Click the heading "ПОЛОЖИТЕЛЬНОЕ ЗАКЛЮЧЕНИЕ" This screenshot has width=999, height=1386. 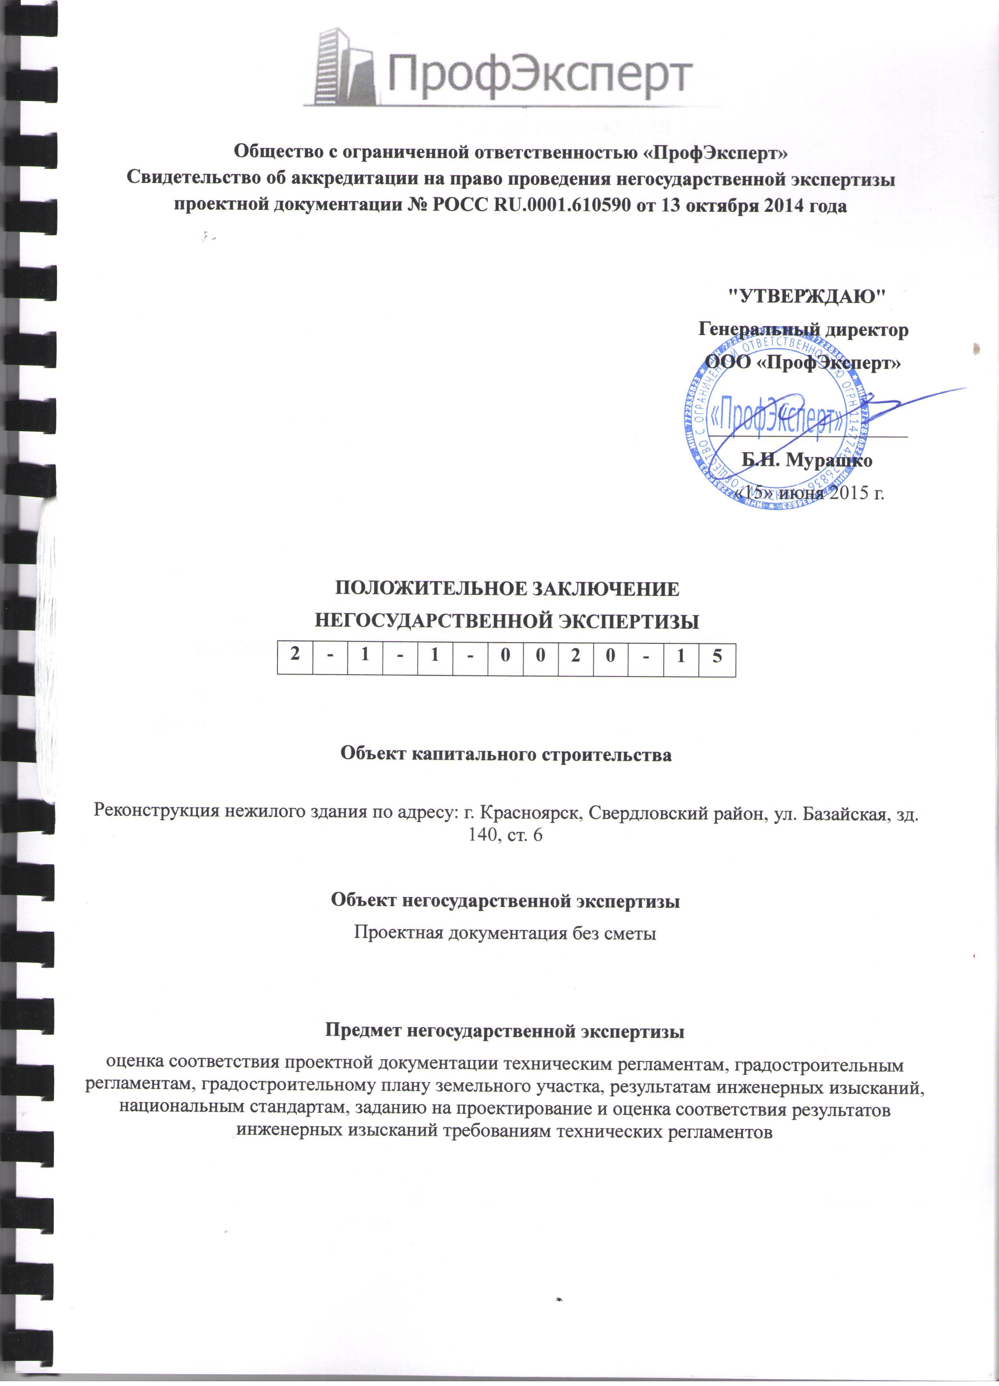click(507, 589)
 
